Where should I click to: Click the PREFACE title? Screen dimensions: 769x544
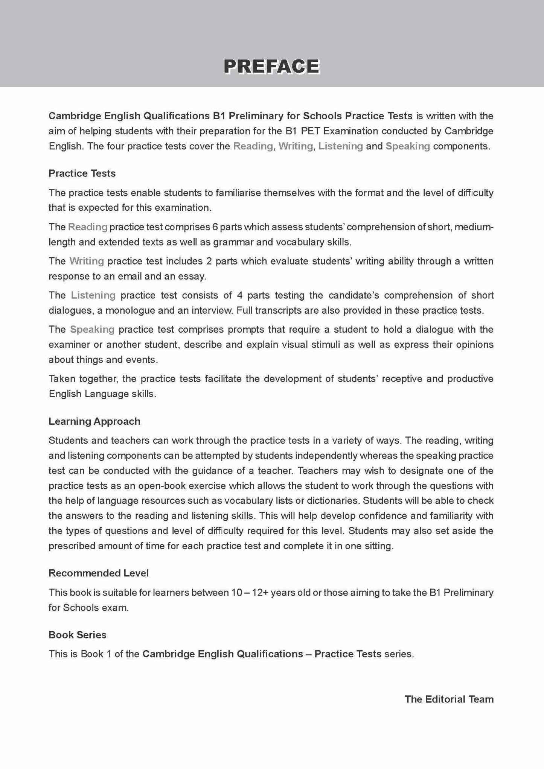point(271,67)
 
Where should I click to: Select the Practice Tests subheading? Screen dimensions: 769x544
point(82,173)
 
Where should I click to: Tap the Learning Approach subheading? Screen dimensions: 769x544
point(94,421)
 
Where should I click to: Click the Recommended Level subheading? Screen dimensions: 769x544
point(99,573)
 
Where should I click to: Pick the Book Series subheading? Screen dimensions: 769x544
point(78,635)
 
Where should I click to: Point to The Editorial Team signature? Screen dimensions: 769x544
point(449,699)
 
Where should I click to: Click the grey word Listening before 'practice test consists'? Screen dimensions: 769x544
point(93,295)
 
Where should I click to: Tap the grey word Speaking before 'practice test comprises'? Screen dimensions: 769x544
point(92,330)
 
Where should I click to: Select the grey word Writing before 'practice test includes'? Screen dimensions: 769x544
point(87,261)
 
